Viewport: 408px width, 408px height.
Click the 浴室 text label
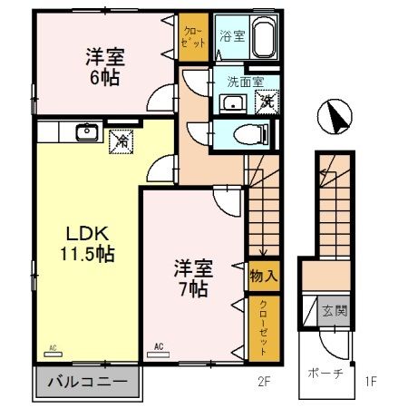(x=231, y=37)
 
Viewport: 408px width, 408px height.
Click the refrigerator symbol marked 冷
(x=120, y=141)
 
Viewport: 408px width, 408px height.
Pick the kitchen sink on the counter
(x=87, y=133)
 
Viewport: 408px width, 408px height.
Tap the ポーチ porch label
(x=320, y=373)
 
